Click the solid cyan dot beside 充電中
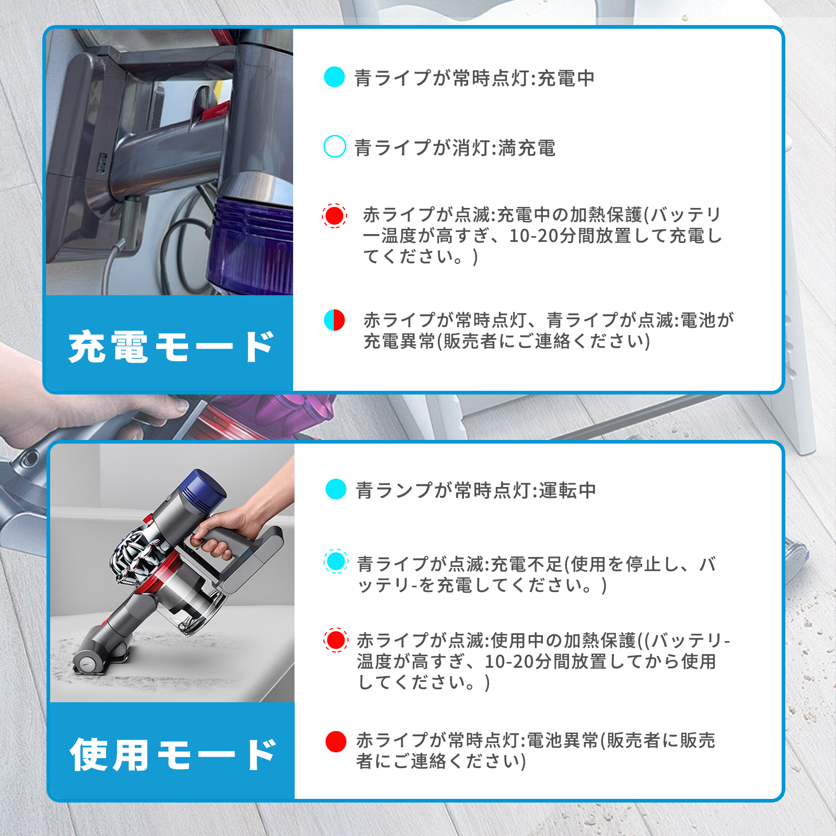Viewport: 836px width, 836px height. tap(334, 77)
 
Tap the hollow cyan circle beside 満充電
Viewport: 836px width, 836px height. tap(334, 146)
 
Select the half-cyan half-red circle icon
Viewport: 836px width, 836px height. tap(334, 320)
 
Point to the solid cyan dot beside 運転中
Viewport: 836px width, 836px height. tap(336, 489)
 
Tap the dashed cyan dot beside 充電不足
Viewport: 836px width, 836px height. tap(336, 562)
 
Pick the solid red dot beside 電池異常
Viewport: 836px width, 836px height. tap(336, 741)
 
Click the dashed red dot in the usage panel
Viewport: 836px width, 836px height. tap(336, 640)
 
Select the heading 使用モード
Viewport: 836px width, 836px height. tap(172, 754)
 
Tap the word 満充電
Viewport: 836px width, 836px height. tap(527, 148)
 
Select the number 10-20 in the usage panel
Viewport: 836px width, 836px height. tap(509, 661)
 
